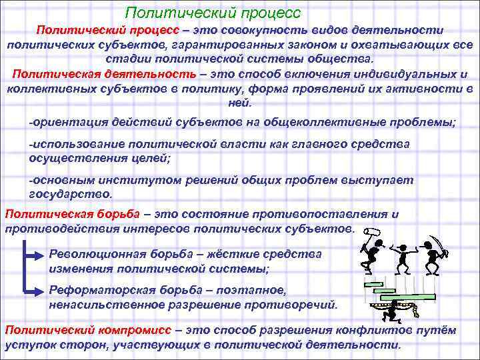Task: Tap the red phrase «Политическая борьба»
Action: coord(72,214)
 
